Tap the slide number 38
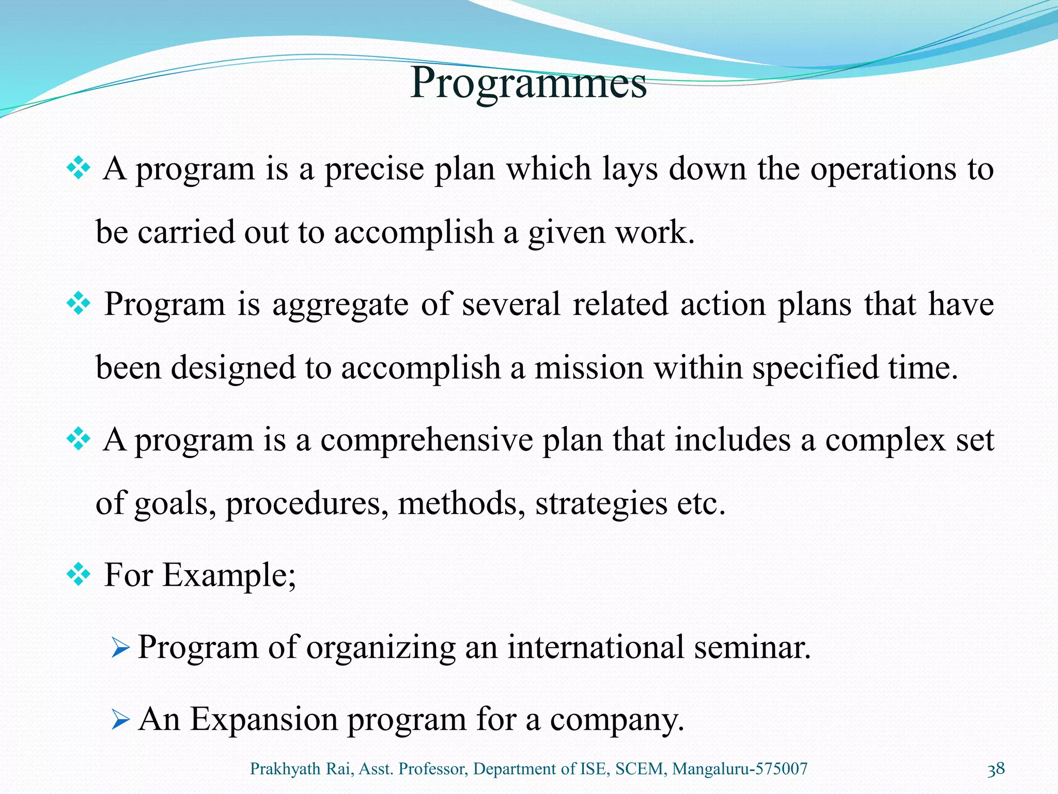click(x=995, y=769)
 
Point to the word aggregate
click(x=340, y=305)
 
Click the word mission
click(x=589, y=368)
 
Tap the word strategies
click(x=601, y=503)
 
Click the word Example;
click(x=229, y=575)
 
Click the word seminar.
click(x=752, y=647)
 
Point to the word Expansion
click(x=264, y=720)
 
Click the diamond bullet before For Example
click(x=79, y=575)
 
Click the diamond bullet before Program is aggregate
click(x=79, y=304)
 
